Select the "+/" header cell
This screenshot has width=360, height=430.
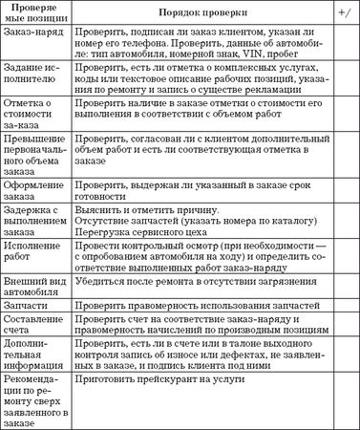342,13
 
